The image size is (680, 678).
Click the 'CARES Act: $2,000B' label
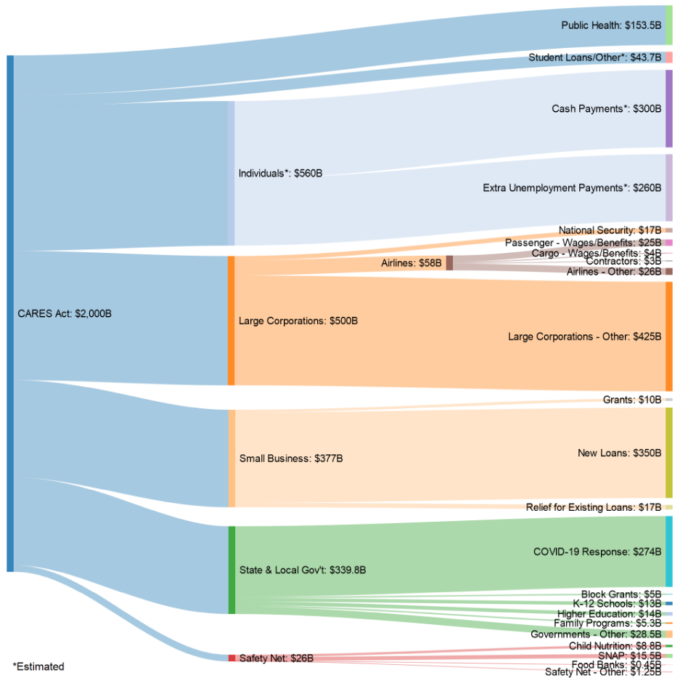[x=65, y=314]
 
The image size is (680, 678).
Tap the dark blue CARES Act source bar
[x=10, y=313]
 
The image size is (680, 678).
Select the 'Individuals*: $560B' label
[x=281, y=173]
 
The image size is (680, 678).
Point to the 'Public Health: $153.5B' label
[x=611, y=25]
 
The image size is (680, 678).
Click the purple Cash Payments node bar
[x=669, y=108]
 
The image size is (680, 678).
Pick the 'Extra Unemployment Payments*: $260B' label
[x=572, y=187]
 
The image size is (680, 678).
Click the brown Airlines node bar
[x=449, y=263]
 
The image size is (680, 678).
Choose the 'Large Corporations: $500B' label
[x=298, y=320]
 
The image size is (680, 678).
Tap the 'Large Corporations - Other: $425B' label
[x=585, y=336]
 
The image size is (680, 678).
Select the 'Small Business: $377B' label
[x=291, y=459]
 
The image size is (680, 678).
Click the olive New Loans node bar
[x=669, y=453]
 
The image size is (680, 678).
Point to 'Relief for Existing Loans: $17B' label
[x=594, y=507]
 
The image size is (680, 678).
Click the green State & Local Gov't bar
[x=232, y=570]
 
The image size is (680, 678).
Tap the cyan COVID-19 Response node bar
[x=669, y=551]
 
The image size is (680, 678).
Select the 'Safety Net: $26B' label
[x=276, y=658]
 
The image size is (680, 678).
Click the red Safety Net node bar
[x=232, y=658]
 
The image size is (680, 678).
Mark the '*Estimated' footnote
[x=38, y=666]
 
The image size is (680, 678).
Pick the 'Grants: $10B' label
[x=632, y=400]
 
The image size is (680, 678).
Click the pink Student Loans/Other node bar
[x=669, y=57]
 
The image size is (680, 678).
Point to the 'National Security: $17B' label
[x=610, y=230]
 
